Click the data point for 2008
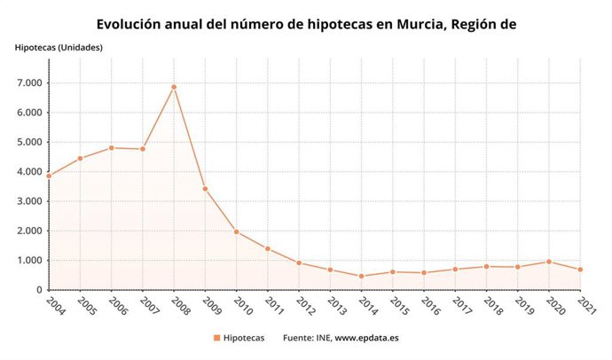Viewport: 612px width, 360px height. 174,87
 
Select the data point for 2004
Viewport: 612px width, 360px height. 49,176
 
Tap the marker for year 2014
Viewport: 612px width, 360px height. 362,276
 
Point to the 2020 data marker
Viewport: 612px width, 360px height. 550,262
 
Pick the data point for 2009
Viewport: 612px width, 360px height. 205,189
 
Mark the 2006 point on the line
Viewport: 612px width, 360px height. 111,148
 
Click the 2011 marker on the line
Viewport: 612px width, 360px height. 268,248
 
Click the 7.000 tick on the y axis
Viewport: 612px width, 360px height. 27,83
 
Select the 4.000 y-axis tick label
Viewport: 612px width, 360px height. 27,172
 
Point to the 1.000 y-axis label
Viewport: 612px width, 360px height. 27,261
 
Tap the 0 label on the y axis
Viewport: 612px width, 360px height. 38,290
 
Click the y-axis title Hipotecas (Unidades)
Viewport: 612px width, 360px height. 59,47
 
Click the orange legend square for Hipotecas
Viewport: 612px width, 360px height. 216,338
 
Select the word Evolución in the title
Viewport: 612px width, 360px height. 133,23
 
